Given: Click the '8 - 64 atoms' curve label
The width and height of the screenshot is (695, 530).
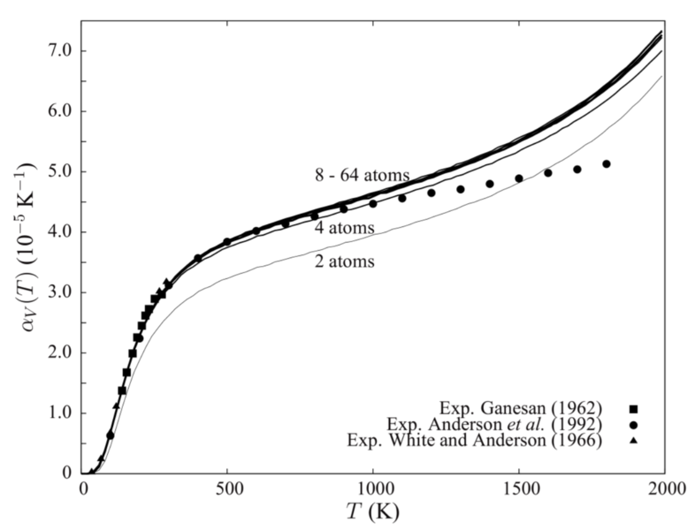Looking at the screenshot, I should pos(361,175).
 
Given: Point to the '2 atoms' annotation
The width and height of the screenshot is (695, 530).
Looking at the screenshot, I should pos(345,262).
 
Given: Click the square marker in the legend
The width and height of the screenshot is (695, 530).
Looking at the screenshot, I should pos(634,408).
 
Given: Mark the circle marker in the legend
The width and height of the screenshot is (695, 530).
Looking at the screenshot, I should pos(634,424).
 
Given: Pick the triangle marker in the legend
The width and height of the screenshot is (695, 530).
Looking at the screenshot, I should pos(634,440).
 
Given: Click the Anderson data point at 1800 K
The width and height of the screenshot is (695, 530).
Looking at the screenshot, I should pos(607,163).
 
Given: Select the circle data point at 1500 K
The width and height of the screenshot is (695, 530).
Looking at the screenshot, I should pos(519,178).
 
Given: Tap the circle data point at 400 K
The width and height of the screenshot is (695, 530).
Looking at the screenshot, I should pos(198,258).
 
